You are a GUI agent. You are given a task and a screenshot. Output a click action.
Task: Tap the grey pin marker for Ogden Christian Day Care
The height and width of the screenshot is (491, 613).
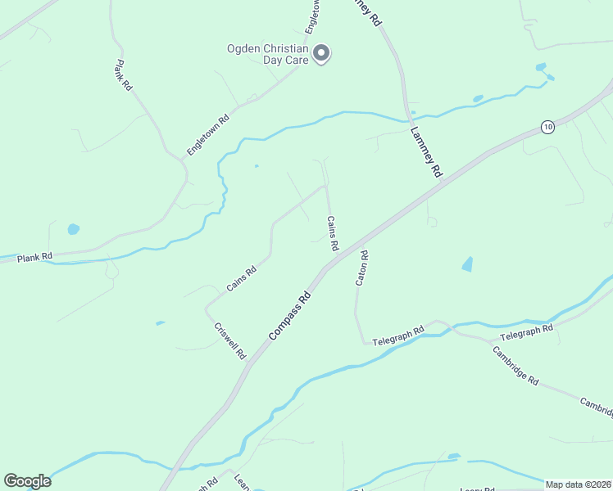tap(322, 54)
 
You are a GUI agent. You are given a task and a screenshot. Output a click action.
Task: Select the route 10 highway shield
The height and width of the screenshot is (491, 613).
tap(547, 126)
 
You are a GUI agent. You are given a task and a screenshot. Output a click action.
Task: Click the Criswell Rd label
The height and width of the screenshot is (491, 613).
tap(229, 340)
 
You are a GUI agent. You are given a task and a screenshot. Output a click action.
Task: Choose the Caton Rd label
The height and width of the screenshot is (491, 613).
tap(361, 268)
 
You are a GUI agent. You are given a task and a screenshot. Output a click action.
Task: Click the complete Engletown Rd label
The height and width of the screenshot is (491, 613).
tap(208, 135)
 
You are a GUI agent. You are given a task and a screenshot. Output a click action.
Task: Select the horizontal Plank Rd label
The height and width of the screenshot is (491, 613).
tap(34, 257)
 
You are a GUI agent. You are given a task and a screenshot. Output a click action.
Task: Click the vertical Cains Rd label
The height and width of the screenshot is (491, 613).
tap(333, 233)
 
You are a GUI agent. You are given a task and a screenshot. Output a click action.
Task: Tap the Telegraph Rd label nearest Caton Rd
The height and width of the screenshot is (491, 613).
tap(397, 336)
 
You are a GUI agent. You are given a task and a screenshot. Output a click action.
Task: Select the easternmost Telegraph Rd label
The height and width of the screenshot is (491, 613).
tap(526, 332)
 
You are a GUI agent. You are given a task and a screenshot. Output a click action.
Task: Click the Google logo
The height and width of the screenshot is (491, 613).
tap(27, 481)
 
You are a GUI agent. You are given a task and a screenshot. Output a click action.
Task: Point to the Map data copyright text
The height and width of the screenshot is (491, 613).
tap(577, 484)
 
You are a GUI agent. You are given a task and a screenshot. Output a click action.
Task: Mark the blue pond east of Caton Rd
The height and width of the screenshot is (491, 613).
tap(467, 264)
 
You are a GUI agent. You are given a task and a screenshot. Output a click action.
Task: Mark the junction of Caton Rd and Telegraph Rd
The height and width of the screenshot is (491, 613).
tap(363, 344)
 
